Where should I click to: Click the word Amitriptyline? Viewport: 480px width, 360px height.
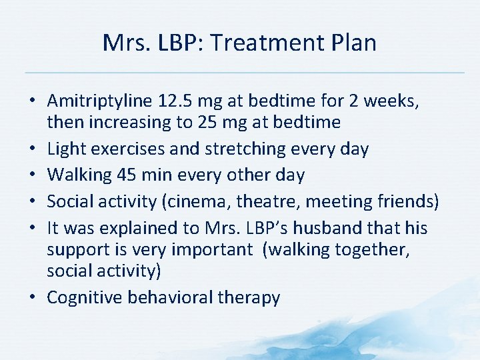101,101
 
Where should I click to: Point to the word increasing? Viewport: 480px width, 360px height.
132,122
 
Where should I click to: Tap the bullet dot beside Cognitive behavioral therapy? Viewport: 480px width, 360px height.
34,297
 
